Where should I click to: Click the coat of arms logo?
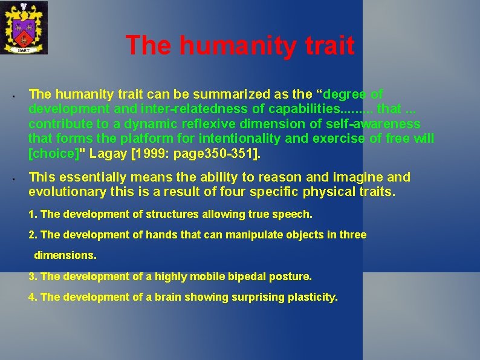pyautogui.click(x=24, y=27)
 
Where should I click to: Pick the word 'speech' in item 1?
pyautogui.click(x=293, y=214)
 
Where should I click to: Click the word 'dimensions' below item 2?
pyautogui.click(x=65, y=255)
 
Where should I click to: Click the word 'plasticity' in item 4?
pyautogui.click(x=313, y=297)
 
